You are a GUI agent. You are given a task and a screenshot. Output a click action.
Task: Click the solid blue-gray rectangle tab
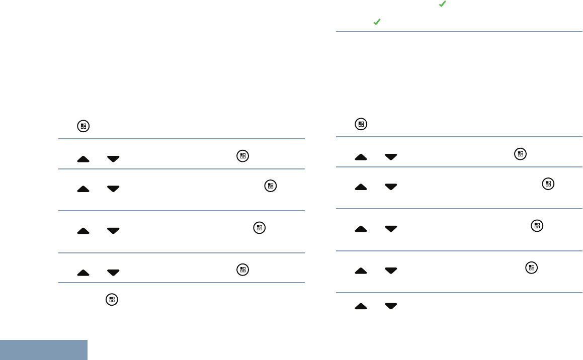(44, 350)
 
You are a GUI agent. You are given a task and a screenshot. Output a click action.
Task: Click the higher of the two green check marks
(442, 4)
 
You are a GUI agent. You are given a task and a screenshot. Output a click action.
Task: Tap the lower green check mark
(376, 23)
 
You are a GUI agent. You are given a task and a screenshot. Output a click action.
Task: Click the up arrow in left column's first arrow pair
(84, 159)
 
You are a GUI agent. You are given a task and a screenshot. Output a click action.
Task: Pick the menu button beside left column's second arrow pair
(270, 186)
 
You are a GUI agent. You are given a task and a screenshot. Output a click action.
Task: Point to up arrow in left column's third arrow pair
(84, 230)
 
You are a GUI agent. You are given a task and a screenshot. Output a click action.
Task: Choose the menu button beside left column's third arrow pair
(259, 228)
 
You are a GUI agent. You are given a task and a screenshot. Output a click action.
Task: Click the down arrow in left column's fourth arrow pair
(113, 273)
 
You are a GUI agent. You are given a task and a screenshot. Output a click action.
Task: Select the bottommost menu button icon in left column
(112, 300)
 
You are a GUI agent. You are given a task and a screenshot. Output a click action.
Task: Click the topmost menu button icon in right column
(361, 124)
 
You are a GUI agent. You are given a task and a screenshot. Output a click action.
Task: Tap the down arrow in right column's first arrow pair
(391, 157)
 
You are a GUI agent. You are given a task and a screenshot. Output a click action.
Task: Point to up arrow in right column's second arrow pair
(361, 187)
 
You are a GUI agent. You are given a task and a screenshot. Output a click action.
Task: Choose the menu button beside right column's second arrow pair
(547, 184)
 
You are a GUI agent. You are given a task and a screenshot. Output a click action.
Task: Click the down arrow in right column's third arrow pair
(391, 229)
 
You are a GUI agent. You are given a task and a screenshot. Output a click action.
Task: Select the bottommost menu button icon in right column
(531, 268)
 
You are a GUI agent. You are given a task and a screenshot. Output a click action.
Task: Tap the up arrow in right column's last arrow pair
(361, 306)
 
